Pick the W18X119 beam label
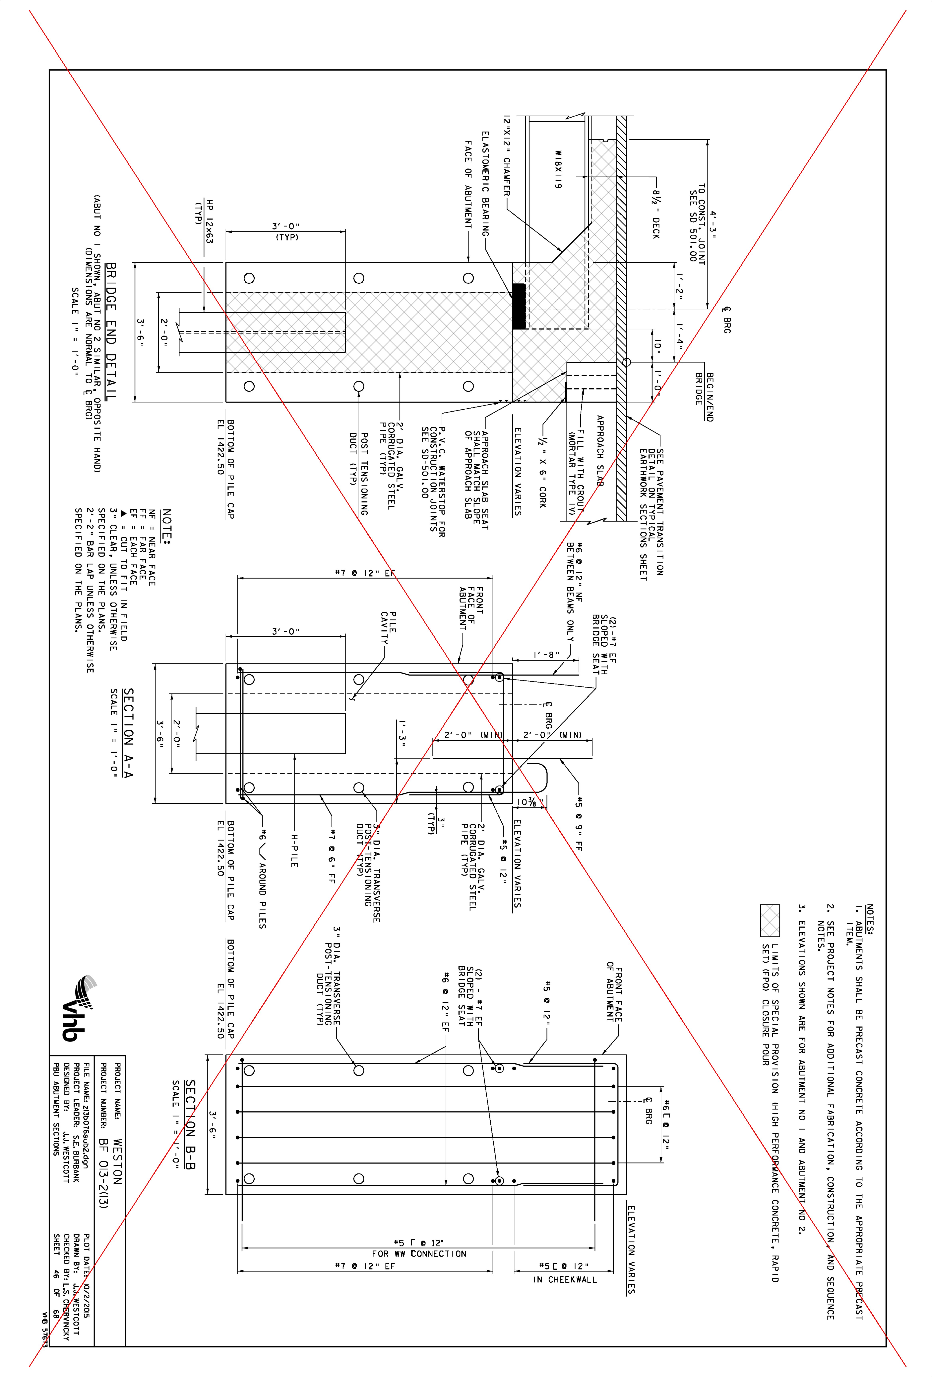coord(557,169)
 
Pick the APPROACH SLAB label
coord(600,450)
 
